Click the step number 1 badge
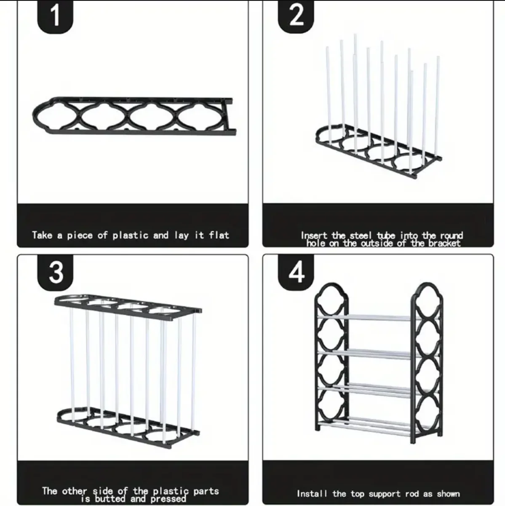(x=55, y=16)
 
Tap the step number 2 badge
(x=296, y=16)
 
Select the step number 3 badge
(x=55, y=273)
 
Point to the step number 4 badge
(x=296, y=273)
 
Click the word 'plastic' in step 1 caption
(x=131, y=235)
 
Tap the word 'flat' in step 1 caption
(x=219, y=235)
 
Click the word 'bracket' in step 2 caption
(x=444, y=244)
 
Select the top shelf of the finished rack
(x=378, y=318)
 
